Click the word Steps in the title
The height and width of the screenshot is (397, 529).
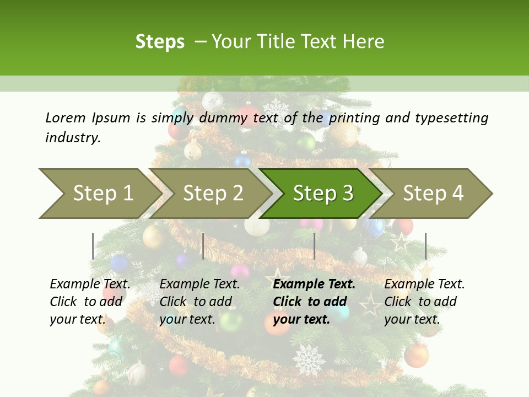(160, 42)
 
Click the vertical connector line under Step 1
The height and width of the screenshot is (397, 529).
(93, 246)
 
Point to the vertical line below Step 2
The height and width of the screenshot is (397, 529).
(203, 246)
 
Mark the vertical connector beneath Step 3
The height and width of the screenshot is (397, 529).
(314, 246)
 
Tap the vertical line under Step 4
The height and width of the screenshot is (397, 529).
(425, 246)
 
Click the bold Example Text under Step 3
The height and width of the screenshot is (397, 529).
(314, 285)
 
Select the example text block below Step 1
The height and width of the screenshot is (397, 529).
(90, 302)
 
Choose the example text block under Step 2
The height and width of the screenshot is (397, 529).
(199, 302)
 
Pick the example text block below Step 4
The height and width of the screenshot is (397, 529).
(424, 302)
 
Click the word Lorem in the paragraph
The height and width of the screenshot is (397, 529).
(66, 118)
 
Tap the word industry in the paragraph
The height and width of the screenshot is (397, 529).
(72, 138)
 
